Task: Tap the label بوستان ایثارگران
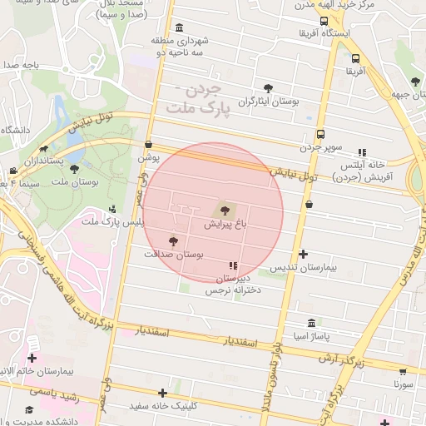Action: (x=267, y=102)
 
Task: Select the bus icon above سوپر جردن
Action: (x=321, y=134)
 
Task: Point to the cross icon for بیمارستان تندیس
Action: (x=303, y=254)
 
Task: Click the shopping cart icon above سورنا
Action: (x=404, y=371)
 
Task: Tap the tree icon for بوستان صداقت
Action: (x=173, y=241)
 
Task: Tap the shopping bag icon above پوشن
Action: (x=148, y=144)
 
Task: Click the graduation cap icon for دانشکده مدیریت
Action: (x=31, y=410)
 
